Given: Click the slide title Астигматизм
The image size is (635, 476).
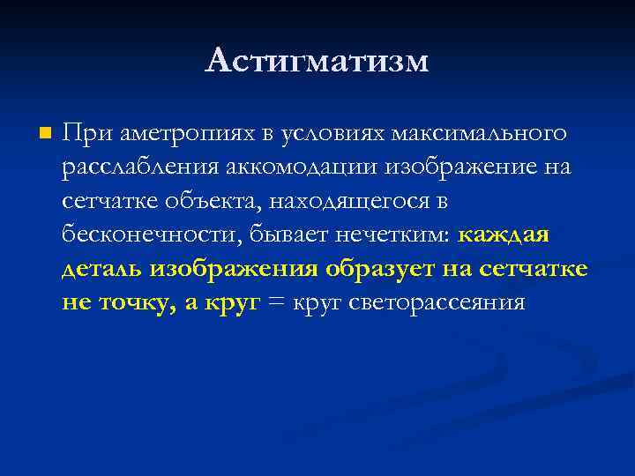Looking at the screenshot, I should point(317,60).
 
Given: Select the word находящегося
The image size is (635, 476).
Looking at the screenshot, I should point(348,202).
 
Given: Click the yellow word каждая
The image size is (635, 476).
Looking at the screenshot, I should point(504,235).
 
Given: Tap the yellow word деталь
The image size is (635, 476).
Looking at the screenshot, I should point(103,269).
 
